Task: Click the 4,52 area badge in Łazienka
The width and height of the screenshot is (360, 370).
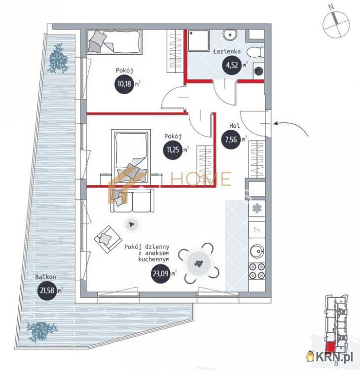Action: coord(232,65)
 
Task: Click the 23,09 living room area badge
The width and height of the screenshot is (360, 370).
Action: coord(161,274)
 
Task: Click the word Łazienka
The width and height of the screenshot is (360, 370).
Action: coord(226,51)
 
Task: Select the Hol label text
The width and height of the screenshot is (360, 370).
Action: coord(234,126)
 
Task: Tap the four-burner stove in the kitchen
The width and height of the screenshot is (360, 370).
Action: coord(256,271)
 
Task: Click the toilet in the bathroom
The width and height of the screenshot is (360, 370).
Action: coord(254,52)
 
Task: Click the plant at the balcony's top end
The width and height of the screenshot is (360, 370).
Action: coord(59,59)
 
